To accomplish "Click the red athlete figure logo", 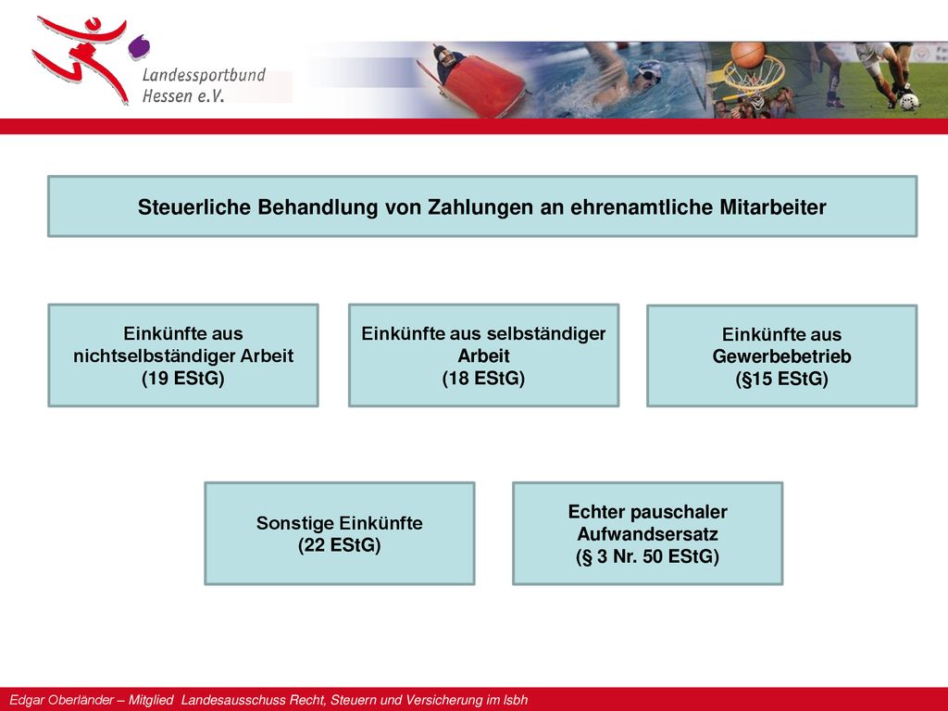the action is click(x=84, y=57).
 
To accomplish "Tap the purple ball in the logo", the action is click(x=139, y=47).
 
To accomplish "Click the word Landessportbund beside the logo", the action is click(x=204, y=75).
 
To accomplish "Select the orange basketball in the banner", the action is click(x=747, y=55).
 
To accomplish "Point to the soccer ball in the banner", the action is click(x=909, y=101).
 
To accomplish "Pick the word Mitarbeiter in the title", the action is click(x=773, y=207).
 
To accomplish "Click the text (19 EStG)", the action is click(x=182, y=379).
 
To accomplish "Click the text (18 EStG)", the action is click(x=483, y=379).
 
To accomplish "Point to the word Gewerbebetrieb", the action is click(x=781, y=356).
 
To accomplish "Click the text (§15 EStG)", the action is click(x=781, y=379).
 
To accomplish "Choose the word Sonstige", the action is click(x=294, y=523).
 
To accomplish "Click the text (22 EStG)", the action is click(x=339, y=545).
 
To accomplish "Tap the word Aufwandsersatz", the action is click(x=647, y=534).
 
